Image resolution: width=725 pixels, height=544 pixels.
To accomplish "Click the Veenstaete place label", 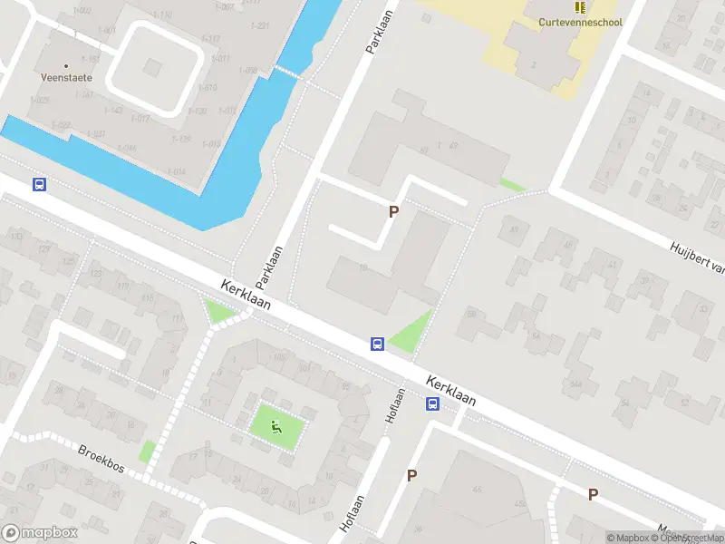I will pos(66,78).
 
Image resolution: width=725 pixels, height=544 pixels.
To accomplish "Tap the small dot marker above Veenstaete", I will pos(66,65).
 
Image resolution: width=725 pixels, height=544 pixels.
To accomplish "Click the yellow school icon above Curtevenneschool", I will pos(580,7).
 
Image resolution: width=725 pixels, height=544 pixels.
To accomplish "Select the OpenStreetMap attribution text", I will pos(692,538).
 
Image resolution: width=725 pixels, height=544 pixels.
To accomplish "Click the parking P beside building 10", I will pos(393,211).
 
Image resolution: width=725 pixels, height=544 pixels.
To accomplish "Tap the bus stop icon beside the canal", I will pos(39,184).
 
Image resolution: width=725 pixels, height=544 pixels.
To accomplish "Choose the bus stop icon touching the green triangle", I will pos(377,344).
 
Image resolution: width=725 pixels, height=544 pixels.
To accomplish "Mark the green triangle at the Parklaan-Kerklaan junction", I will pos(219,314).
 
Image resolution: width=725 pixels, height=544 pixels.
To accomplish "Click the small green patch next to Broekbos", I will pos(146,451).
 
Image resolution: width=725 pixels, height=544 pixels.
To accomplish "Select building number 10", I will pos(362,267).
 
